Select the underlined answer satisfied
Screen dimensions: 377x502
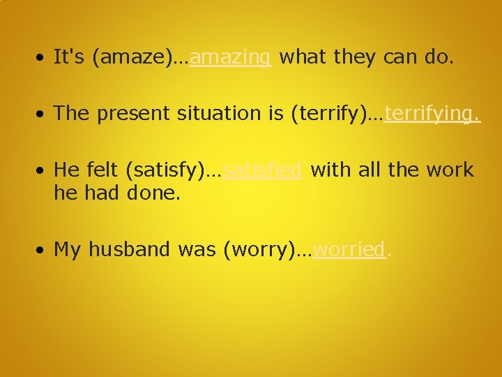264,170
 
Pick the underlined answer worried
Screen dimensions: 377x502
349,249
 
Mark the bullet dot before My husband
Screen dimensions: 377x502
43,249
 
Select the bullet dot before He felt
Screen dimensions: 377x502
43,170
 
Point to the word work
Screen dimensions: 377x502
451,170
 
